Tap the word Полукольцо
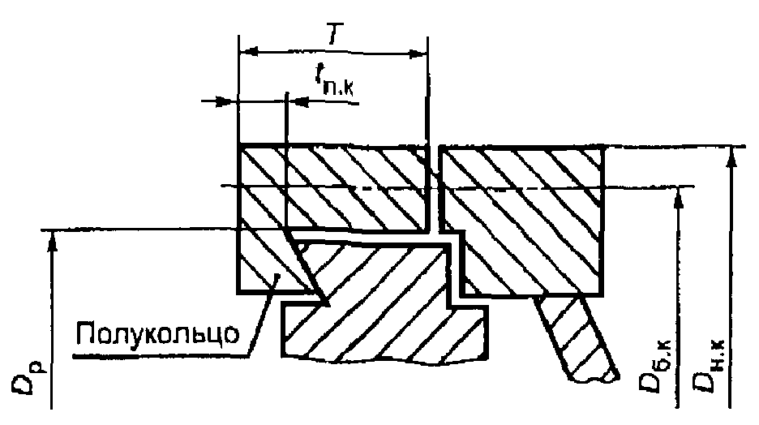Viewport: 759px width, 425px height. (x=159, y=333)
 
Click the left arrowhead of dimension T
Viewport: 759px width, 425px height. (x=248, y=51)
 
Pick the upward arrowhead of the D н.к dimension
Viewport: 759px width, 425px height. (x=732, y=155)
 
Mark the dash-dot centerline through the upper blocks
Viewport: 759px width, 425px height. (x=341, y=187)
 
